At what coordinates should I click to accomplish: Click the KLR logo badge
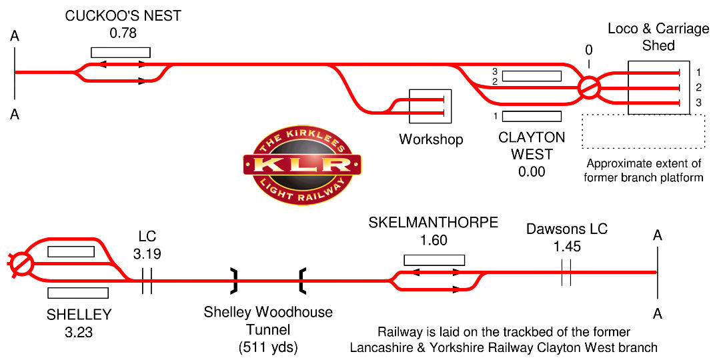click(302, 163)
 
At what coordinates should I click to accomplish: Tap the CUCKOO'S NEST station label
click(123, 16)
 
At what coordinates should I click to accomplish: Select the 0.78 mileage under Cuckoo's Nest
click(123, 32)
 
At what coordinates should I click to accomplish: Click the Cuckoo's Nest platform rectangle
click(121, 52)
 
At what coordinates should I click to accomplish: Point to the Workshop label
click(431, 139)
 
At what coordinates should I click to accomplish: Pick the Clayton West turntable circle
click(589, 87)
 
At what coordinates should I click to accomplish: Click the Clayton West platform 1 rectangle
click(532, 117)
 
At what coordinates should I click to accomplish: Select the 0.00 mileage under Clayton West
click(532, 171)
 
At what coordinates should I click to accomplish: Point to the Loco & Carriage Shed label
click(658, 37)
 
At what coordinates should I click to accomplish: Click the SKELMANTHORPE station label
click(434, 223)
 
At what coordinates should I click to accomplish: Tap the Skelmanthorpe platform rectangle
click(434, 260)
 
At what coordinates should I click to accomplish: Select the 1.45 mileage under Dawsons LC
click(567, 246)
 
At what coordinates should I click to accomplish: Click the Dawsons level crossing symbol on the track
click(566, 273)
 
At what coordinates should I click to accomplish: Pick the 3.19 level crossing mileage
click(147, 254)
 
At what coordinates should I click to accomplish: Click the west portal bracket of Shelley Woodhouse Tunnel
click(234, 281)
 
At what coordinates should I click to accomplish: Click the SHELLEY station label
click(79, 314)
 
